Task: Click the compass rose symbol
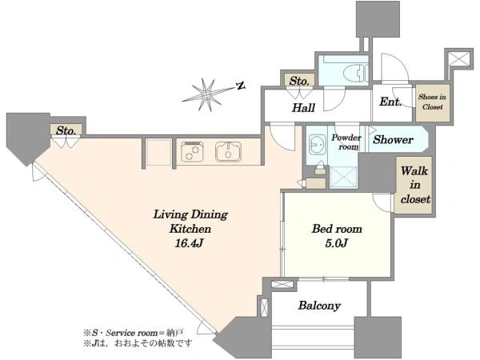point(207,94)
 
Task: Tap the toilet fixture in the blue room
point(356,74)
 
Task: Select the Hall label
point(303,108)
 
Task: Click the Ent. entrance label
point(390,102)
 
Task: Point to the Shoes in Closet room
point(432,102)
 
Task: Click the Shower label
point(393,140)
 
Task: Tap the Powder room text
point(346,142)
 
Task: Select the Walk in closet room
point(414,185)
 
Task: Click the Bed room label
point(337,229)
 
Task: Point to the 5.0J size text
point(337,243)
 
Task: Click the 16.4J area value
point(190,243)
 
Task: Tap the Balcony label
point(319,306)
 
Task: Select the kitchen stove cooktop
point(192,152)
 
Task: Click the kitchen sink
point(228,152)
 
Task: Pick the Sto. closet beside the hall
point(298,81)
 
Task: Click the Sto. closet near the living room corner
point(66,130)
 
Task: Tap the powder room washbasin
point(315,144)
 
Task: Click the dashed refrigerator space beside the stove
point(158,152)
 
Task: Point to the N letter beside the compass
point(242,86)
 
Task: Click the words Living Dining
point(190,214)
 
